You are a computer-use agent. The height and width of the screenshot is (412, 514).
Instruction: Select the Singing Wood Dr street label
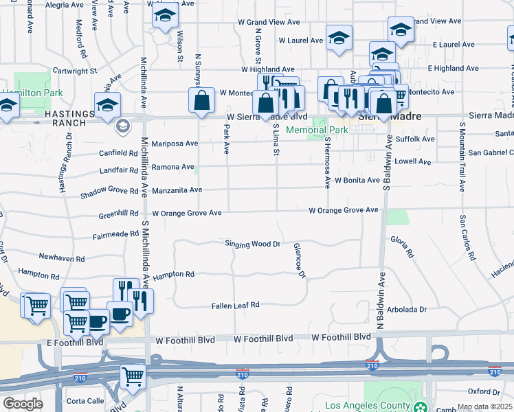pyautogui.click(x=254, y=244)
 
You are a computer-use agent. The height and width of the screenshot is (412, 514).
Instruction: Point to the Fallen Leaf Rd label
pyautogui.click(x=235, y=305)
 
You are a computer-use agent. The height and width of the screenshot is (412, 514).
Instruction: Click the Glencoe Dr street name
pyautogui.click(x=299, y=261)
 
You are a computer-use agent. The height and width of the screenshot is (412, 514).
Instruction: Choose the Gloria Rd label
pyautogui.click(x=402, y=247)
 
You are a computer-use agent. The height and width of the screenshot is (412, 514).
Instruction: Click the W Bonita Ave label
pyautogui.click(x=357, y=180)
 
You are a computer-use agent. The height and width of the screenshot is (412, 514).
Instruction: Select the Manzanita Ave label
pyautogui.click(x=177, y=190)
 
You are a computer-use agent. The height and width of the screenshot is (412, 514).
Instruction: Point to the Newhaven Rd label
pyautogui.click(x=62, y=259)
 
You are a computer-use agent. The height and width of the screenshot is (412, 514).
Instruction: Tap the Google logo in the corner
pyautogui.click(x=23, y=404)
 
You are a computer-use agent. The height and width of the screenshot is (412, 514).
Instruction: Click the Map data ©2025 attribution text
pyautogui.click(x=485, y=407)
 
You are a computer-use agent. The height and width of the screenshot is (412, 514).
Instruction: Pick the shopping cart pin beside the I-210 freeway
pyautogui.click(x=133, y=376)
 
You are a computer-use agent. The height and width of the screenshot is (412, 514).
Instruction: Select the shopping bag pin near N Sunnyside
pyautogui.click(x=200, y=100)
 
